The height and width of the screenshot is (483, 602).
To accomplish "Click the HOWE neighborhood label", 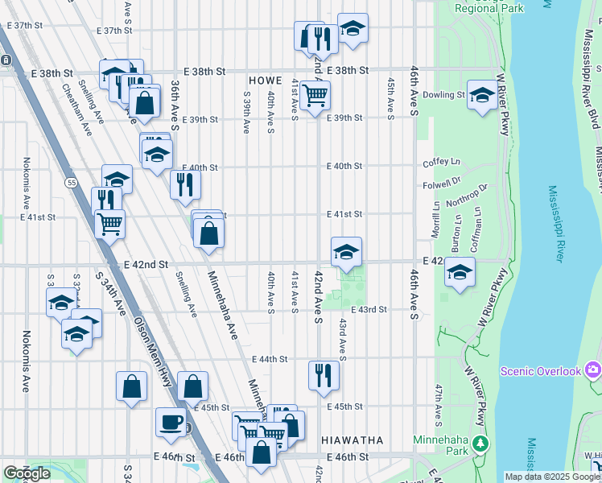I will (265, 81).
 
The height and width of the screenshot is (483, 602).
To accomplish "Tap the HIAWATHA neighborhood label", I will (351, 440).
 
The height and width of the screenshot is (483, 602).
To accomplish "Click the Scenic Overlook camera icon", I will (594, 369).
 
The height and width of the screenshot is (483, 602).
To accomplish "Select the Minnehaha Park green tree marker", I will (480, 443).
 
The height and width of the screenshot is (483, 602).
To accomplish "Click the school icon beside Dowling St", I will (482, 97).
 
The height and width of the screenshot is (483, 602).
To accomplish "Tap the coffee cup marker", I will (171, 422).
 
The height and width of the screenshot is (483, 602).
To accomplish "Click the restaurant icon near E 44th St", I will (324, 375).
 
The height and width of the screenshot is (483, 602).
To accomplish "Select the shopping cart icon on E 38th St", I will (315, 96).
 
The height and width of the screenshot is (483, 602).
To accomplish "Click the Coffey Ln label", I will (440, 163).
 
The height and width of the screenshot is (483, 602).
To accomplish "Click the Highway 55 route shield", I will (72, 184).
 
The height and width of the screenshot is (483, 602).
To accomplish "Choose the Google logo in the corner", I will (27, 473).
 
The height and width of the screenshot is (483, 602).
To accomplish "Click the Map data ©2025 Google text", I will (551, 477).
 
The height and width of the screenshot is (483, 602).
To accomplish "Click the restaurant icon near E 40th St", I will (185, 185).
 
